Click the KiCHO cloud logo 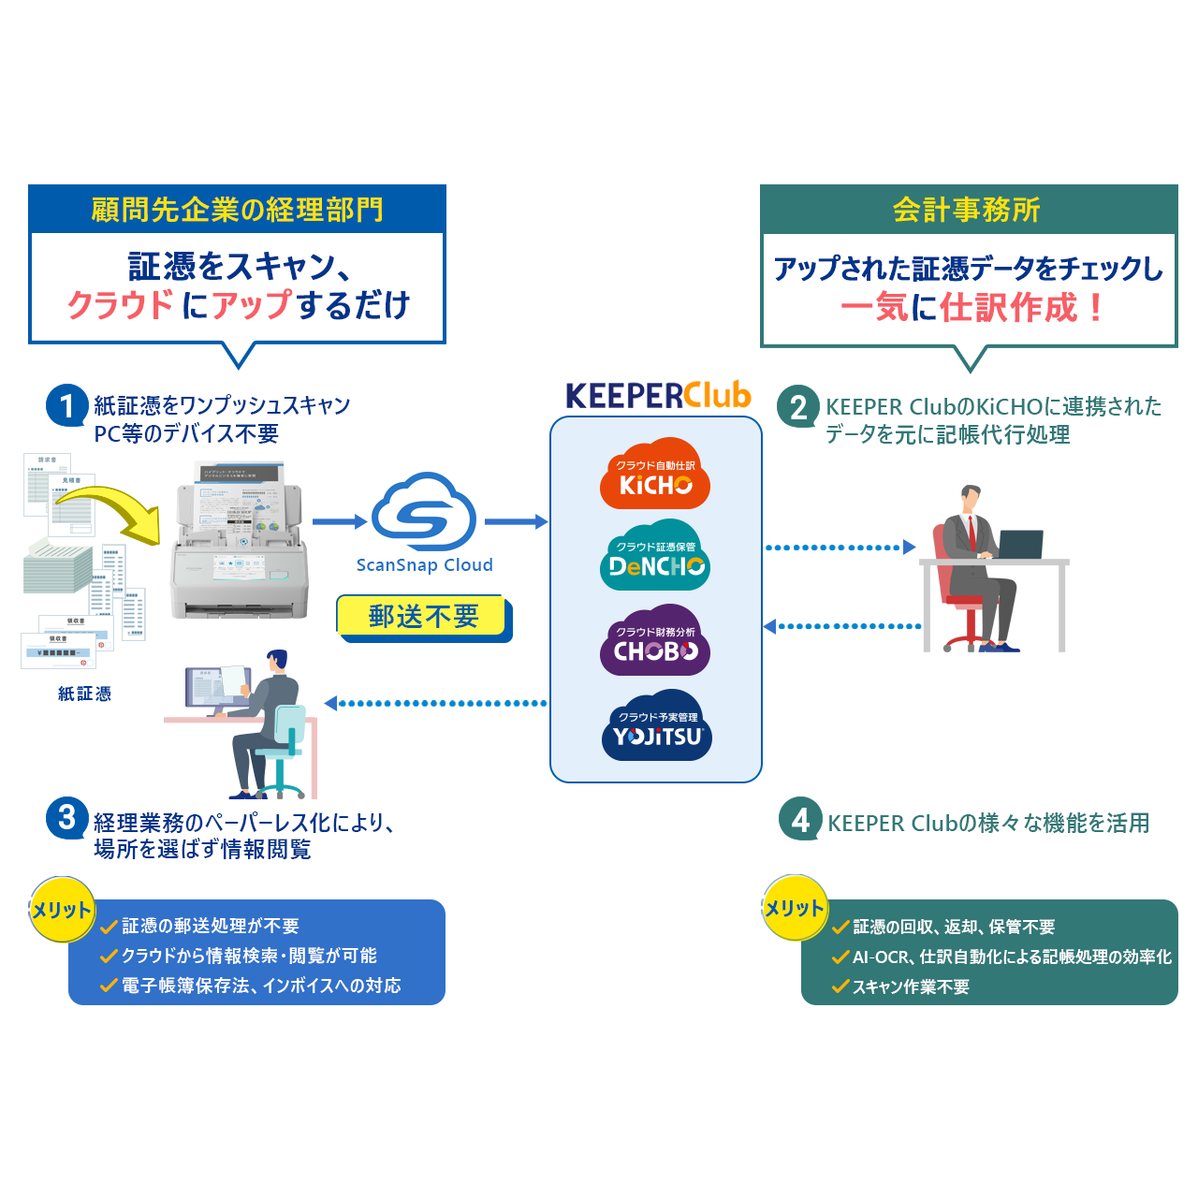[655, 475]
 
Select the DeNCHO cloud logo [655, 557]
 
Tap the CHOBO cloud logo [655, 642]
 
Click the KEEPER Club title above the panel [658, 396]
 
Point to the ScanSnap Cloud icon [424, 512]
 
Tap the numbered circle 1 [66, 405]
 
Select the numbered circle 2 [798, 407]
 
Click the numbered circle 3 [66, 818]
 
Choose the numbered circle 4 [800, 820]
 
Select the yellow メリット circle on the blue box [62, 909]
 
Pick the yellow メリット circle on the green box [795, 907]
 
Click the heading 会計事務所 [967, 210]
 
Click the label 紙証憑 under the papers [84, 694]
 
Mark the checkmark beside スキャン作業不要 [840, 986]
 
